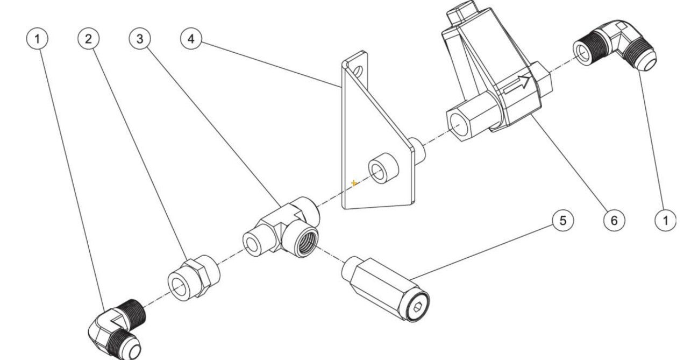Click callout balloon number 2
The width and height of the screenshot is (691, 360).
click(x=88, y=39)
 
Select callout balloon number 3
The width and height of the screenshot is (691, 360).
click(x=140, y=39)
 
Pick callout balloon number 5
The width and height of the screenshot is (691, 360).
click(x=563, y=220)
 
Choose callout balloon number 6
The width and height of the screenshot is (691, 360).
click(x=614, y=220)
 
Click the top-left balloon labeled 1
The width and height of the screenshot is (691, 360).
click(x=37, y=39)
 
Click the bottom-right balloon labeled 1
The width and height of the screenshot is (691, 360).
click(x=666, y=220)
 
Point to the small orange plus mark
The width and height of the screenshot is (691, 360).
click(x=354, y=183)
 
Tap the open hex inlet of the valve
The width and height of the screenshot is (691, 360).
click(x=457, y=124)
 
